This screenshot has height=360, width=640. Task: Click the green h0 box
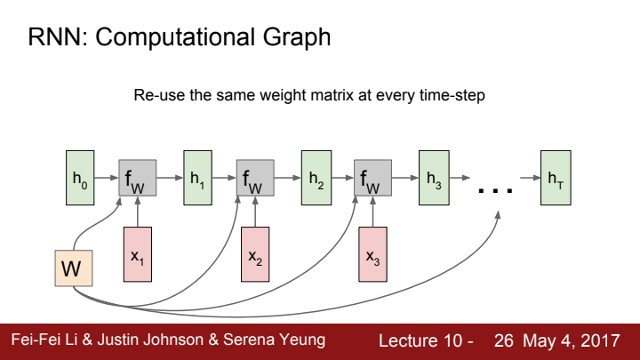click(x=80, y=178)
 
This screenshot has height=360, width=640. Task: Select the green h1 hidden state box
click(x=197, y=178)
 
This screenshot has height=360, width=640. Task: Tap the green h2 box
click(x=316, y=178)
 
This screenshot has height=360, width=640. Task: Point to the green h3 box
click(x=434, y=178)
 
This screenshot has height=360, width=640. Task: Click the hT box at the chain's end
click(x=556, y=178)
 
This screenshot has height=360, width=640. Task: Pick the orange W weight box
click(x=69, y=268)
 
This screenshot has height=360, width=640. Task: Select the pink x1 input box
click(x=137, y=255)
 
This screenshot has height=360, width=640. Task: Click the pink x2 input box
click(x=255, y=255)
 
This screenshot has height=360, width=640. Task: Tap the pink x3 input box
click(x=373, y=255)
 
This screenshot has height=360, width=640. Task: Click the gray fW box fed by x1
click(x=137, y=179)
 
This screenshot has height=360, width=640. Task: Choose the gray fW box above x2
click(x=255, y=179)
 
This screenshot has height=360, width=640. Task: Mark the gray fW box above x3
click(x=373, y=179)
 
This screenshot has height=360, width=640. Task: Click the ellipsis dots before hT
click(x=496, y=188)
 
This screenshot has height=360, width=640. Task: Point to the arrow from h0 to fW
click(x=106, y=179)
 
